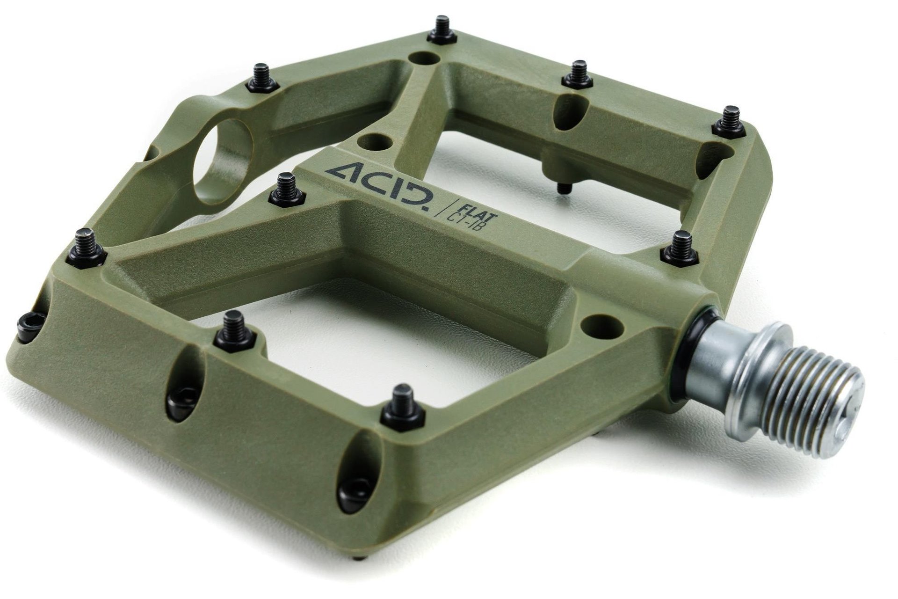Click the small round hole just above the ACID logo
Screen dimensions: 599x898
(x=374, y=140)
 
